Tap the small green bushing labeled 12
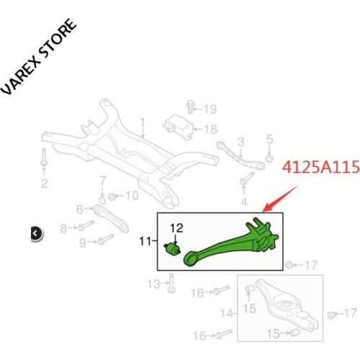point(174,249)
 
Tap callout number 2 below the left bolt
point(44,184)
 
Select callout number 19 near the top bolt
point(210,109)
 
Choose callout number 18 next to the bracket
point(210,130)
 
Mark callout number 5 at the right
point(270,138)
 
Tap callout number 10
point(132,196)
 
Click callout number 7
point(103,179)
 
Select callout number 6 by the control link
point(80,210)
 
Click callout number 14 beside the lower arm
point(227,313)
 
